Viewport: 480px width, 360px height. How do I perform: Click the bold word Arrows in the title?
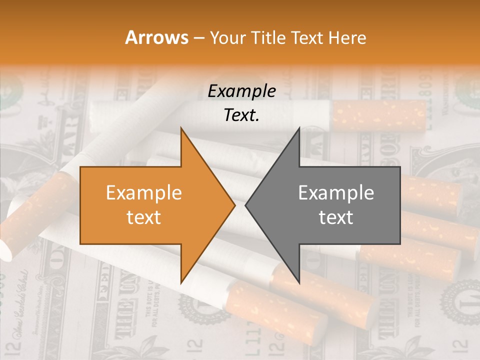point(156,37)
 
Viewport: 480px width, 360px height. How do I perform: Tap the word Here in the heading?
point(347,37)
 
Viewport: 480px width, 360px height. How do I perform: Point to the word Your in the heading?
point(227,38)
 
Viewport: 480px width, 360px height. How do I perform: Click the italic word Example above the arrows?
point(242,91)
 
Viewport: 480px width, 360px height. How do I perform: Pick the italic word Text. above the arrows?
point(242,115)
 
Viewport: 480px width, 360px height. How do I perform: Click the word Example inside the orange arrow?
point(143,193)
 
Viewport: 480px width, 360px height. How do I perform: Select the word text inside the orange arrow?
point(143,217)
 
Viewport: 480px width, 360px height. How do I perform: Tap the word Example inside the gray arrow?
point(336,193)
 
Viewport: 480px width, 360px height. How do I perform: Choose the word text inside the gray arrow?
point(336,217)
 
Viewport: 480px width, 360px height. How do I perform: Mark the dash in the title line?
point(198,38)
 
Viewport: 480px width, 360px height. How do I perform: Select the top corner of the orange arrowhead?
point(181,127)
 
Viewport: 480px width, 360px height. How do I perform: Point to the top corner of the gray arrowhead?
point(299,127)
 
